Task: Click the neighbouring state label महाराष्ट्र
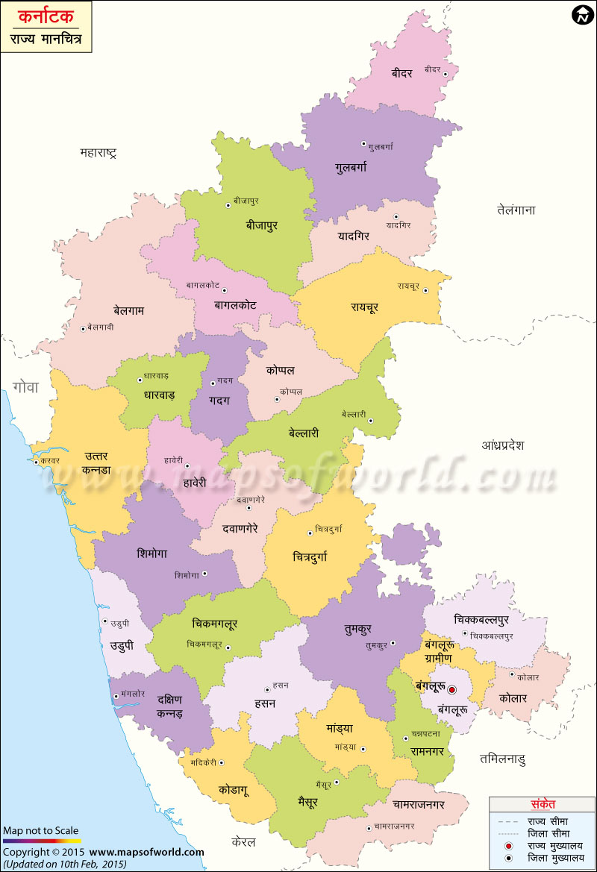tap(98, 153)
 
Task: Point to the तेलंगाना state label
tap(516, 210)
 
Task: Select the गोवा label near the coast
tap(25, 386)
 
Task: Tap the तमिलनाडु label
tap(502, 759)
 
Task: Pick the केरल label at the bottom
tap(243, 842)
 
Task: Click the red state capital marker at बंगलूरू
tap(451, 689)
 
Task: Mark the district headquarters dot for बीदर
tap(445, 73)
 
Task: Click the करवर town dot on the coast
tap(34, 461)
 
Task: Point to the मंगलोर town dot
tap(116, 696)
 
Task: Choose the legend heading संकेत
tap(543, 805)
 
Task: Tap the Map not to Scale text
tap(40, 830)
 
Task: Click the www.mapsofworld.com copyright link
tap(147, 851)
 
